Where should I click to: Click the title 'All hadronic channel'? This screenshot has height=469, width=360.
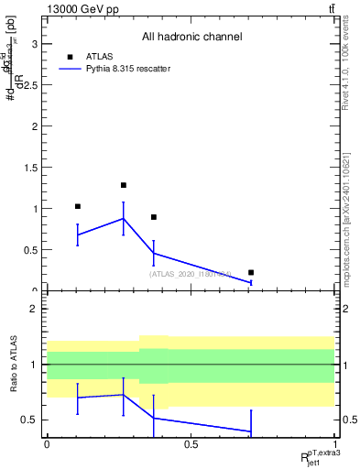tap(191, 37)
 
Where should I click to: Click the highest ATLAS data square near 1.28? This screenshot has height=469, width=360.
tap(124, 185)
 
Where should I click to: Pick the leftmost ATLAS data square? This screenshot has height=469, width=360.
tap(78, 206)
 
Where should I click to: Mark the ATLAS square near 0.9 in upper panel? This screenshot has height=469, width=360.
tap(154, 217)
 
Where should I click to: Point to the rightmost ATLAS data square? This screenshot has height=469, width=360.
tap(251, 272)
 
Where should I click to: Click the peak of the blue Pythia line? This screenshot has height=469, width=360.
tap(124, 218)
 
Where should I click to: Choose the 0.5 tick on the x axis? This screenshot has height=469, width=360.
tap(191, 444)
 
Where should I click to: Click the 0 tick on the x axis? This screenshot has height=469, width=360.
tap(48, 444)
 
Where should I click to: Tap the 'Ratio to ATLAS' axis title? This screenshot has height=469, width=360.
tap(13, 365)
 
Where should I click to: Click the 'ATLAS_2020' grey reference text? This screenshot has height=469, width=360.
tap(191, 273)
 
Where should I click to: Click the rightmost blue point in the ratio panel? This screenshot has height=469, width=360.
tap(251, 431)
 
